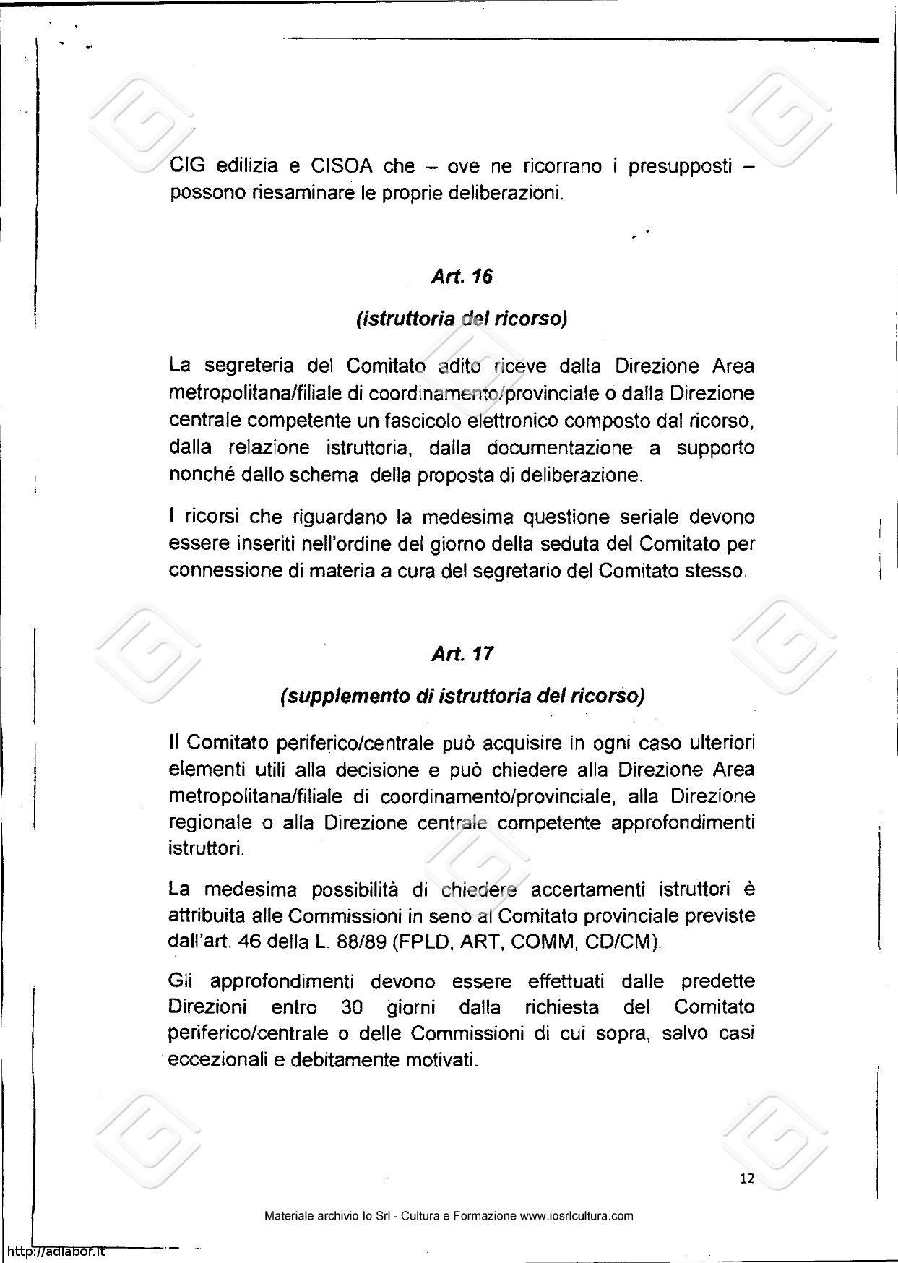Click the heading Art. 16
462,277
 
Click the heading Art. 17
462,655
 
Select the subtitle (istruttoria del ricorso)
462,319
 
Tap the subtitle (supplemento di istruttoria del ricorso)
462,696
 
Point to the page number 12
747,1178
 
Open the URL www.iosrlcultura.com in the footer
577,1216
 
